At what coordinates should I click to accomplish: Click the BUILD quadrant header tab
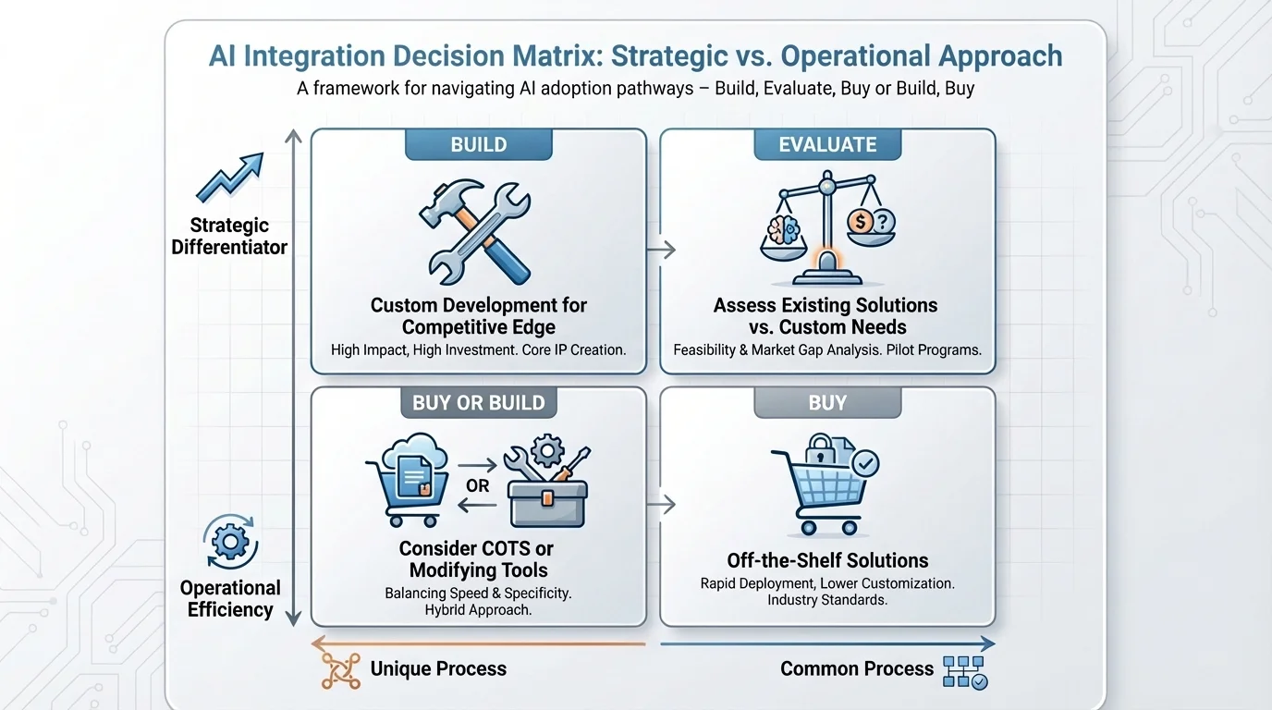(478, 145)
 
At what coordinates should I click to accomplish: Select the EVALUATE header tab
(826, 145)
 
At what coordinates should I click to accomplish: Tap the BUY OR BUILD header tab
(478, 403)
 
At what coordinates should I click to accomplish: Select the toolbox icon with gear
(547, 482)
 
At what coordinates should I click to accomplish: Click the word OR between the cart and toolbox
(478, 485)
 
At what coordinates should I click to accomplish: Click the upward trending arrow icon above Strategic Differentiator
(230, 178)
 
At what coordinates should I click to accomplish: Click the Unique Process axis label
(438, 668)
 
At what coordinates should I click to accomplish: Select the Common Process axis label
(856, 668)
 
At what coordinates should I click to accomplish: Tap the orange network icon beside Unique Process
(339, 670)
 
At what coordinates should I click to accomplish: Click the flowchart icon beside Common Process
(964, 672)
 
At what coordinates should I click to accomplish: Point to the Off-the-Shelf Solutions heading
(826, 560)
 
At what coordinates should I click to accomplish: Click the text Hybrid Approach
(478, 610)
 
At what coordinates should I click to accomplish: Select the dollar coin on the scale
(859, 222)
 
